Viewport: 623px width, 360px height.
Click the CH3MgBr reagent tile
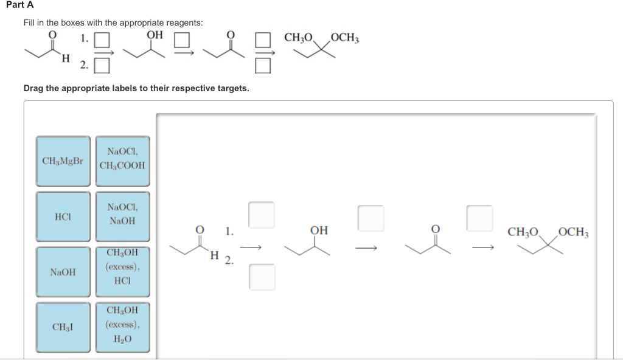click(63, 161)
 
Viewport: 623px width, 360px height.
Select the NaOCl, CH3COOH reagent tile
click(122, 161)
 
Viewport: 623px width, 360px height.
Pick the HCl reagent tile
click(63, 216)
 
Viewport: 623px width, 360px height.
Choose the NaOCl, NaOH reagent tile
click(122, 216)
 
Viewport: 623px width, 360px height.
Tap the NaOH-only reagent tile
click(63, 272)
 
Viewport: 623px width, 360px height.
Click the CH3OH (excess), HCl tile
click(122, 272)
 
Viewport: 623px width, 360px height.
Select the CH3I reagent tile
click(63, 327)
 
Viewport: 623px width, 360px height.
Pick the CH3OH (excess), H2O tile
click(122, 327)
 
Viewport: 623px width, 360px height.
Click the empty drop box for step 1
click(262, 215)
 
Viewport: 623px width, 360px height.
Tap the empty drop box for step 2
click(262, 277)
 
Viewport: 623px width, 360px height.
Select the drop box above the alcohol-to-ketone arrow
click(371, 218)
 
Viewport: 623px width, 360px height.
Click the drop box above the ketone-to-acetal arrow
click(479, 218)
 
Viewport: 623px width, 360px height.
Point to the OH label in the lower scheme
click(319, 230)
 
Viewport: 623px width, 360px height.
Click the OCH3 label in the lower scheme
click(573, 232)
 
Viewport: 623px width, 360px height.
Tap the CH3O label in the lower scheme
click(523, 232)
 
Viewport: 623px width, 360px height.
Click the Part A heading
click(20, 5)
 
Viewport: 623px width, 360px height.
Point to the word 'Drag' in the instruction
click(33, 88)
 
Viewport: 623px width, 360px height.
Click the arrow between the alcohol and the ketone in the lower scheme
click(366, 249)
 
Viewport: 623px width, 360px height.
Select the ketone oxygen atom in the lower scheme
click(436, 229)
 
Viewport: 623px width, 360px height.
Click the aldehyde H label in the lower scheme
click(215, 255)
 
